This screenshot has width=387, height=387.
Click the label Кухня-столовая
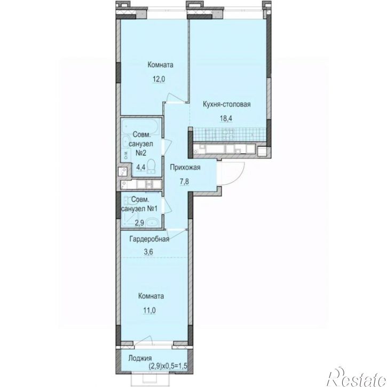coord(226,105)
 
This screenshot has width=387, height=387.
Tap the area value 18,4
coord(226,119)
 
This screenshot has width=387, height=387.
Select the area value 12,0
coord(159,79)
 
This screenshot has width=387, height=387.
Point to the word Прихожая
coord(185,168)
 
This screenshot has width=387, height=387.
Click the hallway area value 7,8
coord(184,181)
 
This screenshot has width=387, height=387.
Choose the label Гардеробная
coord(149,239)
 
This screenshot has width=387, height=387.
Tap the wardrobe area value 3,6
coord(148,252)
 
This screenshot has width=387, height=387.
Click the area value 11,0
coord(149,310)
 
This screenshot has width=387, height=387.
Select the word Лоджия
coord(140,358)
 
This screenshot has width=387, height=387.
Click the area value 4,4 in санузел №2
coord(140,167)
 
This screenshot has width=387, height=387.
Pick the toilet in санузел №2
coord(151,166)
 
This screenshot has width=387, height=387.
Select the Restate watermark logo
coord(357,377)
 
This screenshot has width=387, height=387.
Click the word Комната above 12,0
coord(161,65)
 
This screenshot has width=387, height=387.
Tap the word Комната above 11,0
coord(151,296)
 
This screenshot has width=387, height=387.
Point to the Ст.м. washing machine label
coord(126,155)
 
